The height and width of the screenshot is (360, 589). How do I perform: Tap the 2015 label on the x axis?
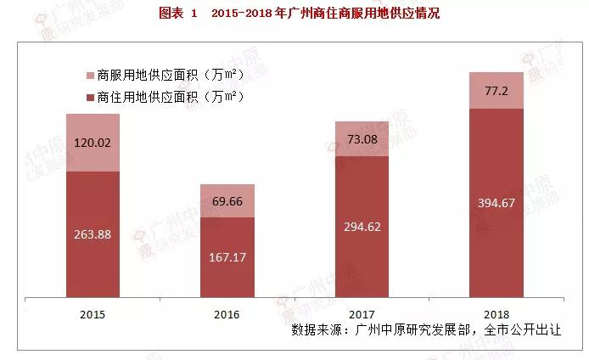pyautogui.click(x=93, y=314)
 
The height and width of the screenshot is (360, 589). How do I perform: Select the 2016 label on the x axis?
pyautogui.click(x=227, y=314)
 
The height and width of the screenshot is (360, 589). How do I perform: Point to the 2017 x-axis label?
pyautogui.click(x=361, y=314)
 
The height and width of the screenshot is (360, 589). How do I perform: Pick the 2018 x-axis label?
pyautogui.click(x=496, y=314)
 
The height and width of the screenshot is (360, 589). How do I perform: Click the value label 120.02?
pyautogui.click(x=94, y=143)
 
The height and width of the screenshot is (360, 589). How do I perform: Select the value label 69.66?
pyautogui.click(x=227, y=201)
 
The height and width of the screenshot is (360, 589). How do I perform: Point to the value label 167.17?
pyautogui.click(x=227, y=255)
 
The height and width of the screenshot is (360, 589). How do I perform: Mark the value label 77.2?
pyautogui.click(x=496, y=90)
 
